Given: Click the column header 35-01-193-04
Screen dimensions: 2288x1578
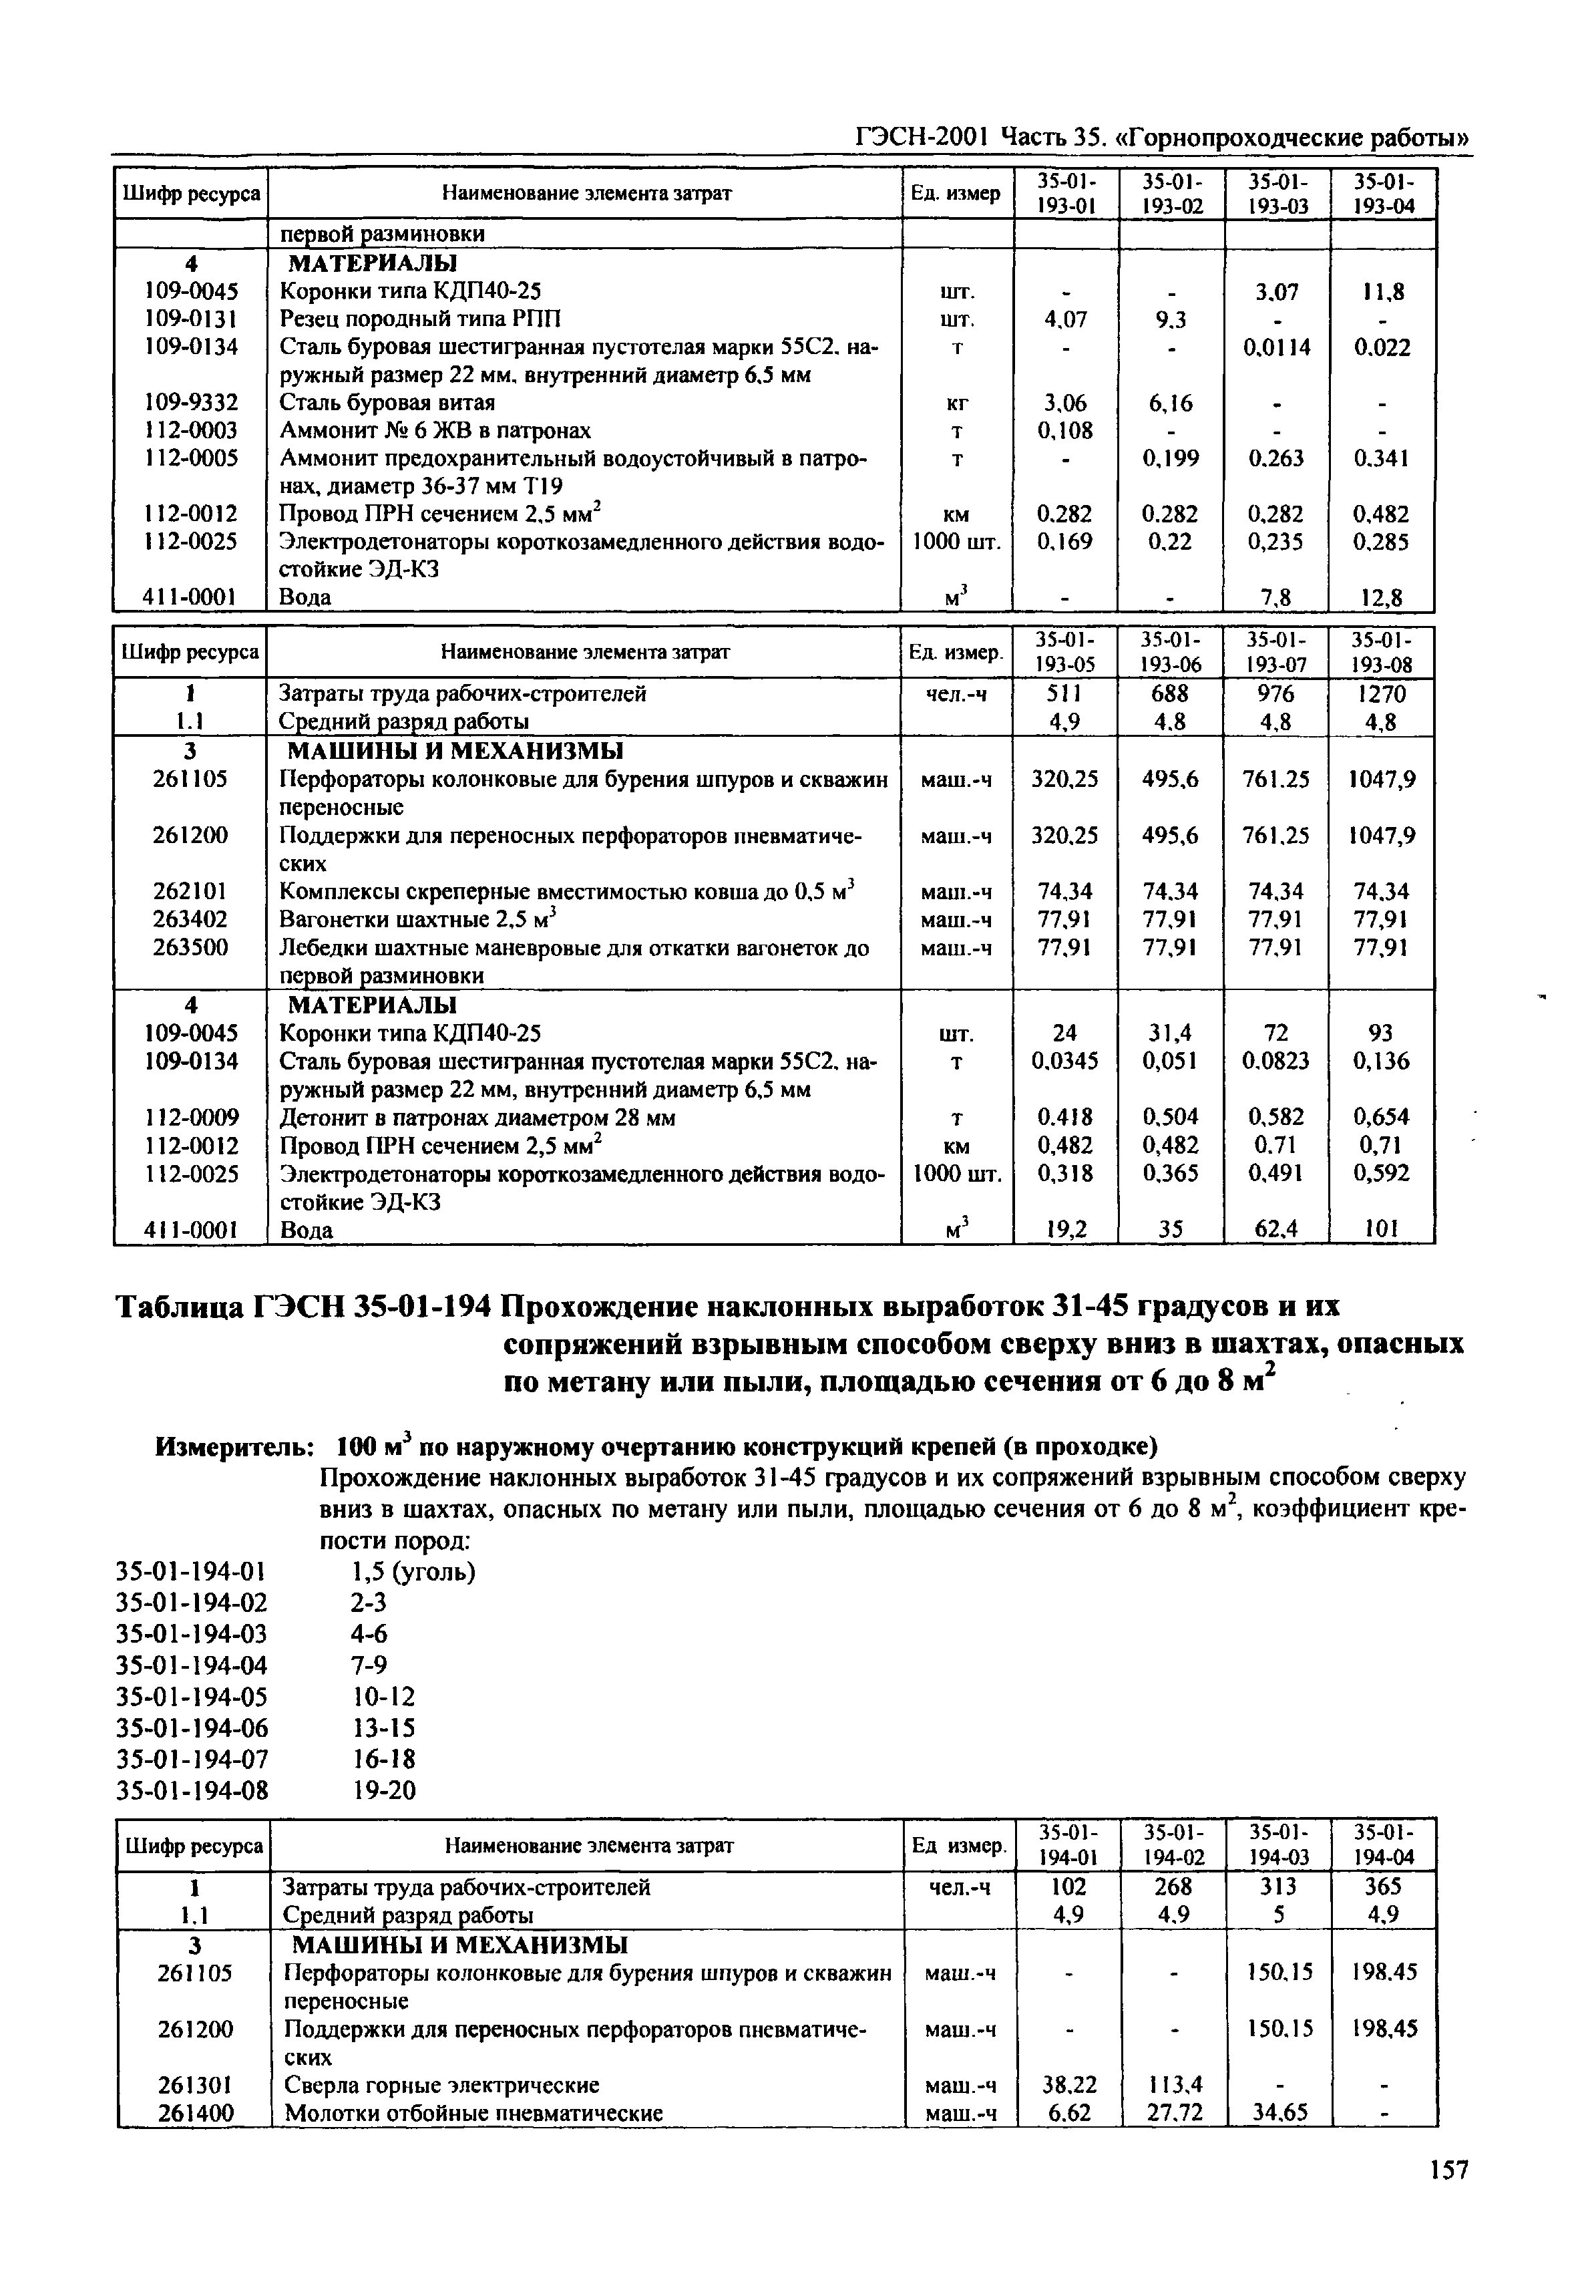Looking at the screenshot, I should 1382,194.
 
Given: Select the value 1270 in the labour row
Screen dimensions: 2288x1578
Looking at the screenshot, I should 1381,694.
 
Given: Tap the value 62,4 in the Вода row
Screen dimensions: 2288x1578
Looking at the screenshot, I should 1275,1230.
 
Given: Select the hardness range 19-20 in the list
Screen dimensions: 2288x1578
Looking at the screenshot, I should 385,1790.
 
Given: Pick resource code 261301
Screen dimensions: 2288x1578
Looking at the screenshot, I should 195,2084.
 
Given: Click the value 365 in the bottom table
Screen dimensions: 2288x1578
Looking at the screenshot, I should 1383,1887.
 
